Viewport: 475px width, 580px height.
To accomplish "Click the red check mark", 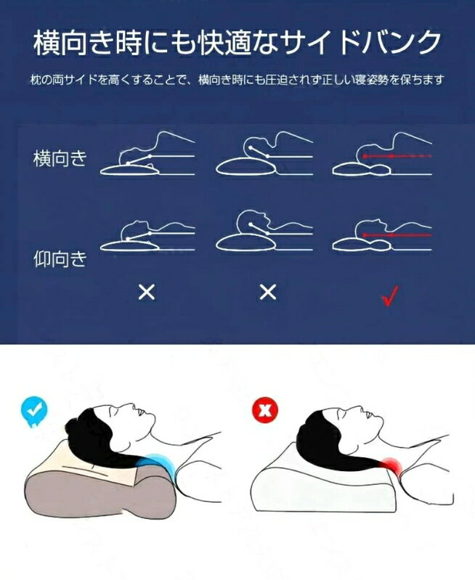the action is [390, 295].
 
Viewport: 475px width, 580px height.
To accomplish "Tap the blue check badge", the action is [34, 410].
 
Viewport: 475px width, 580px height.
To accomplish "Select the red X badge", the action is [264, 410].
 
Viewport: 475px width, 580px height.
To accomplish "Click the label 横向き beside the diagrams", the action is [60, 158].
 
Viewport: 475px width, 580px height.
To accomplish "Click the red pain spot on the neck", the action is [392, 465].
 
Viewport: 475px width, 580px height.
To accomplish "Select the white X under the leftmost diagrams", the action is [147, 293].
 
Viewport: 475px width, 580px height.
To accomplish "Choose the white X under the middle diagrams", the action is [268, 293].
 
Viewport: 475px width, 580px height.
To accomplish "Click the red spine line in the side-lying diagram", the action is [397, 156].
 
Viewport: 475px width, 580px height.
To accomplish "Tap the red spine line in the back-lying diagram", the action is [397, 235].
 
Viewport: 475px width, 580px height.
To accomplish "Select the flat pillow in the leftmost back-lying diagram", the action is [129, 245].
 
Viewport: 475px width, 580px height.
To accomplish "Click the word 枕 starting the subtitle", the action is [36, 80].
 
